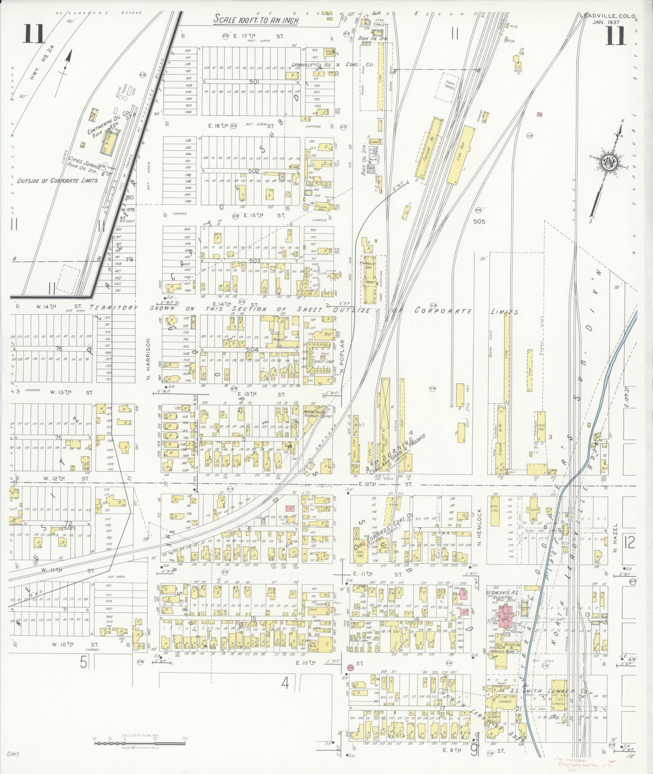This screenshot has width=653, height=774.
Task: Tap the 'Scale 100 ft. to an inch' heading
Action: coord(257,19)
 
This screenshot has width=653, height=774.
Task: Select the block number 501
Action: coord(254,81)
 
